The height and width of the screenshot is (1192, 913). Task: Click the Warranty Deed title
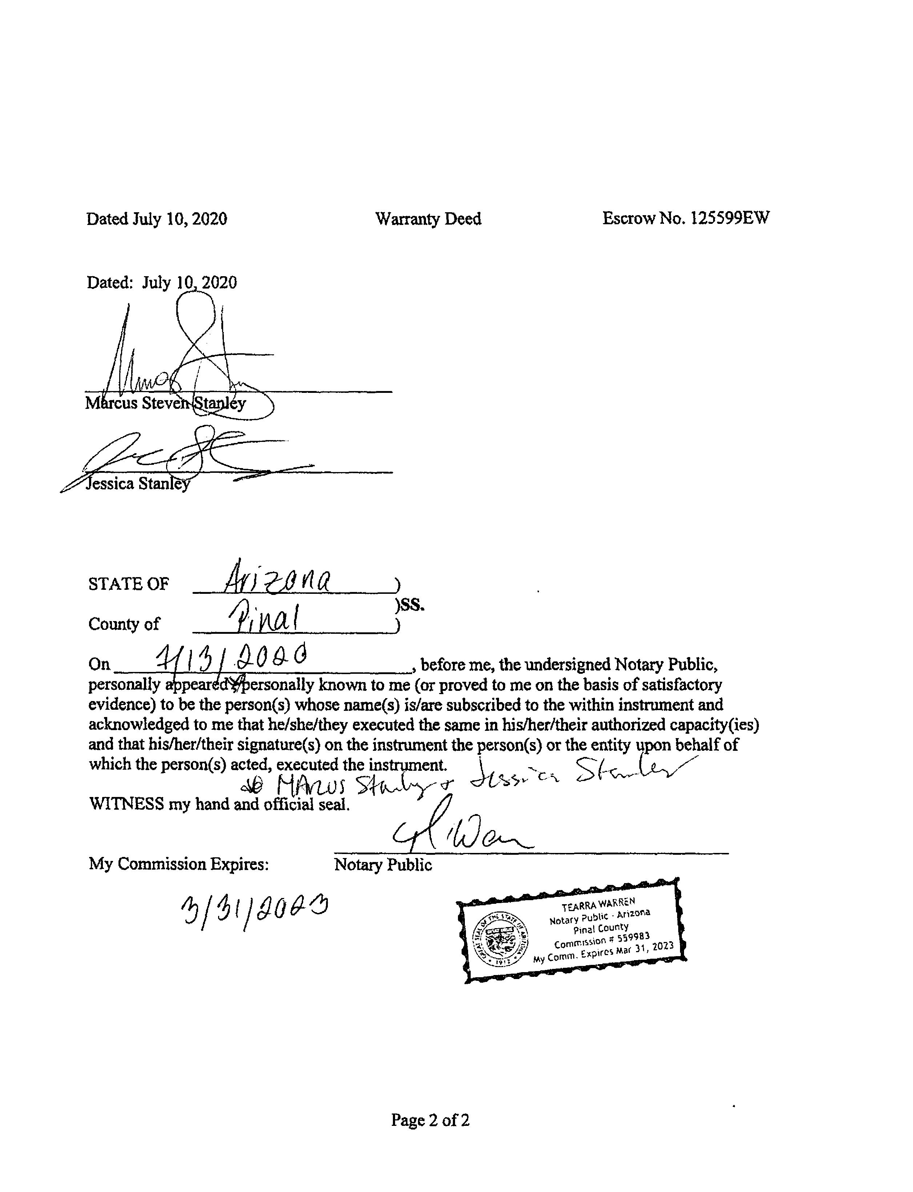point(428,219)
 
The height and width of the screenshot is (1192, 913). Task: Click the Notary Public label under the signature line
point(383,865)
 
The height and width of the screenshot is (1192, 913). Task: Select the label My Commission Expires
point(179,864)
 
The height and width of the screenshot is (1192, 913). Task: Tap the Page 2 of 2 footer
point(430,1120)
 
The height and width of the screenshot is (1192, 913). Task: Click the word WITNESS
point(126,804)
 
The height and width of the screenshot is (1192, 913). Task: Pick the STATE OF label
point(129,584)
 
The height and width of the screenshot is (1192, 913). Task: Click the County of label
point(124,624)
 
